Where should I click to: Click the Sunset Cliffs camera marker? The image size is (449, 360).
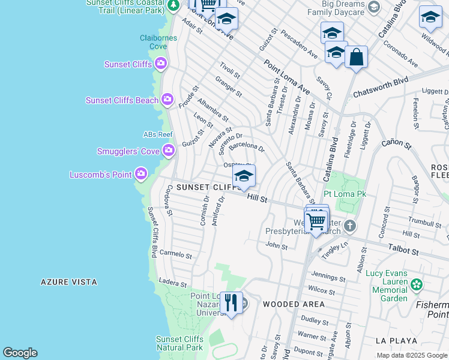[x=161, y=64]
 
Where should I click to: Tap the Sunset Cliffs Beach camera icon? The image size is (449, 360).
[x=167, y=100]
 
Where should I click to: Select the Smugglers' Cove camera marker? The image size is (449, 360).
[x=169, y=150]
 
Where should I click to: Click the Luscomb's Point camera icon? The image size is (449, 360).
[x=141, y=174]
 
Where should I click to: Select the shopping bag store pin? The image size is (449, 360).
[x=356, y=58]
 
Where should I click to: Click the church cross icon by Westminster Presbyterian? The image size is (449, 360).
[x=350, y=226]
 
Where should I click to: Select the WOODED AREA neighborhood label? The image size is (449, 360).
[x=294, y=304]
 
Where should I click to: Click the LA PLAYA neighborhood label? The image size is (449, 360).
[x=396, y=340]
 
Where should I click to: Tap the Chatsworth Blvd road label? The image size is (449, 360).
[x=381, y=88]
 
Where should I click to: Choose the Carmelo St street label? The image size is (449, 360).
[x=175, y=254]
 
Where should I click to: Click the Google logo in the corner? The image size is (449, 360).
[x=20, y=353]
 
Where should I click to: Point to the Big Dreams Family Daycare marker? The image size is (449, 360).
[x=373, y=7]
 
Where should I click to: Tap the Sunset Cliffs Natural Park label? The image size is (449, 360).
[x=179, y=343]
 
